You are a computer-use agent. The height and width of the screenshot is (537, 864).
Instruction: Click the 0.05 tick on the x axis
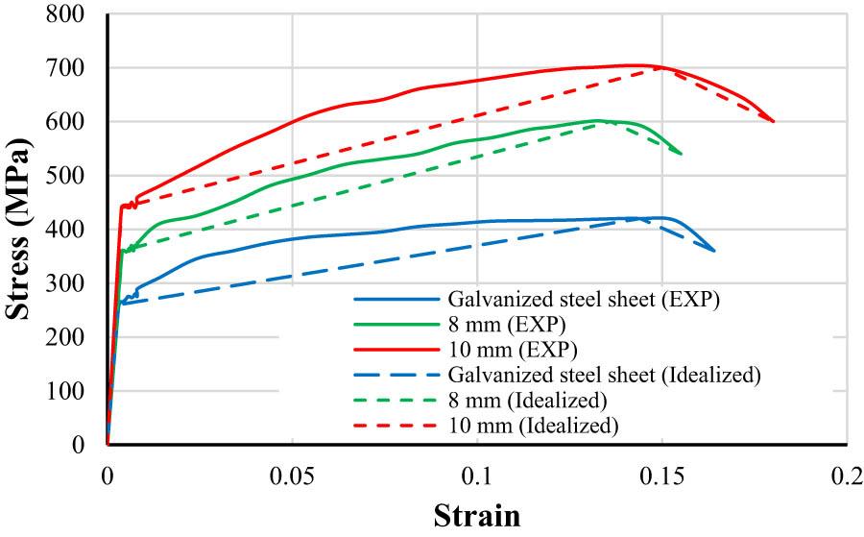pyautogui.click(x=292, y=477)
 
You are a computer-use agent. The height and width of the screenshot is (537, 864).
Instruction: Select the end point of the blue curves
pyautogui.click(x=713, y=251)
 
